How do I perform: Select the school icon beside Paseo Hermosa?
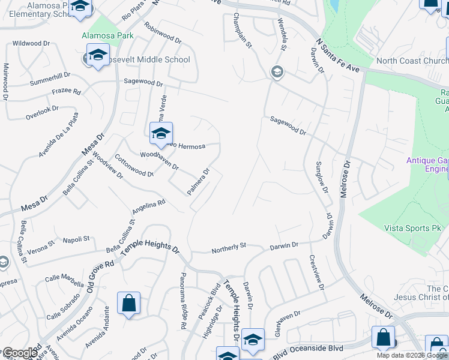click(x=161, y=134)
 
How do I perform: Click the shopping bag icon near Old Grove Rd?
click(x=129, y=304)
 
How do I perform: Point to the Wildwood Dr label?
click(x=35, y=44)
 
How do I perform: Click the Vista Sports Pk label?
click(x=412, y=228)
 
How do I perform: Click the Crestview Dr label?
click(x=316, y=274)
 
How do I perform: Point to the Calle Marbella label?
click(x=64, y=280)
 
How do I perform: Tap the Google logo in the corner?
click(x=19, y=353)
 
